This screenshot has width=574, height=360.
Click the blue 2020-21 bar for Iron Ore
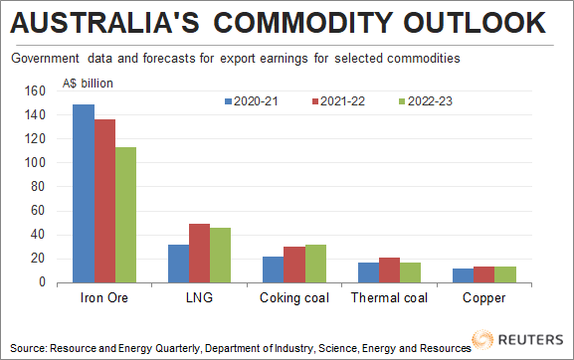(83, 193)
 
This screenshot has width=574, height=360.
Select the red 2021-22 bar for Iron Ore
(103, 201)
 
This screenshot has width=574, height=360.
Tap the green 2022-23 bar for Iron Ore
(124, 214)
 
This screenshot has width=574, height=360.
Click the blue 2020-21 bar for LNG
(179, 263)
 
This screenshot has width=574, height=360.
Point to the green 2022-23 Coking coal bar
(315, 263)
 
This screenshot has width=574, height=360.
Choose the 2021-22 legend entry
(339, 101)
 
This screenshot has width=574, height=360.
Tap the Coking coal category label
(294, 297)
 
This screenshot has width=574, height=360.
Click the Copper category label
(484, 297)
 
